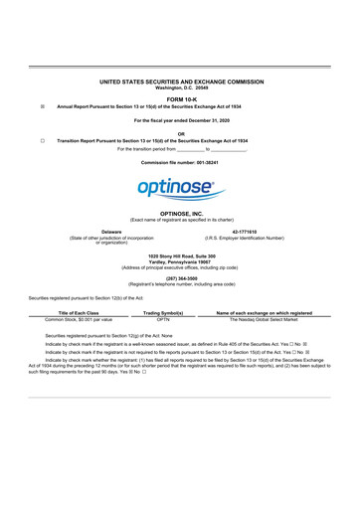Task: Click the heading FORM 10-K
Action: point(180,98)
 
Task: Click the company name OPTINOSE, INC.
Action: point(180,213)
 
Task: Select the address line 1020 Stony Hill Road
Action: point(180,256)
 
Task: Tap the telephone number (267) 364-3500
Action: point(180,278)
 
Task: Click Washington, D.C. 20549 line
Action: point(180,88)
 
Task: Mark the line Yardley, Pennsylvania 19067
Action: point(180,262)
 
